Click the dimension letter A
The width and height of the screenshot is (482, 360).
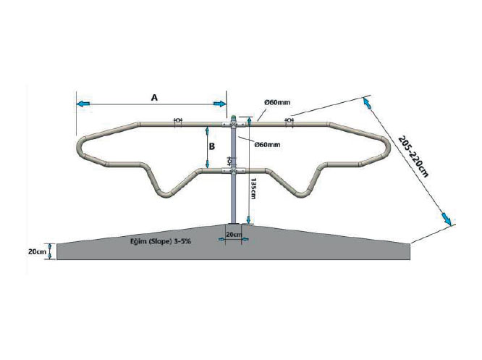[x=154, y=98]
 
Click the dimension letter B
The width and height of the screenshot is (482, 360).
[x=212, y=146]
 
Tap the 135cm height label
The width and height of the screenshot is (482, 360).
[x=253, y=188]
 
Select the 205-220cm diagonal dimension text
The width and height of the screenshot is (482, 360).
[x=413, y=156]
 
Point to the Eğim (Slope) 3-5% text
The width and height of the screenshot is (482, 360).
[x=160, y=241]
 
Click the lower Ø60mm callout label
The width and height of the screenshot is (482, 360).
[x=268, y=144]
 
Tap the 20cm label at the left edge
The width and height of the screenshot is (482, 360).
[x=37, y=251]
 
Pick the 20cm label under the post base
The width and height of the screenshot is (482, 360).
[x=234, y=235]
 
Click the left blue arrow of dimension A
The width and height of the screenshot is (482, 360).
[x=83, y=104]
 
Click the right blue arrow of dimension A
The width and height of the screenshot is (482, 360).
[x=220, y=104]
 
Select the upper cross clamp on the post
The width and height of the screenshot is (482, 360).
[x=234, y=125]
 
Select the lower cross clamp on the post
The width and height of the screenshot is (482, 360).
[x=234, y=171]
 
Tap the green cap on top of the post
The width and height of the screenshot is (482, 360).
[x=234, y=117]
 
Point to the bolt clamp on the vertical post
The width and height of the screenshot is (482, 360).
[x=229, y=161]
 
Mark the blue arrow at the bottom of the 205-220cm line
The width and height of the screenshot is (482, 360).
[x=447, y=218]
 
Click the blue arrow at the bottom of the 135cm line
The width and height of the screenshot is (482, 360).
[x=248, y=219]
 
